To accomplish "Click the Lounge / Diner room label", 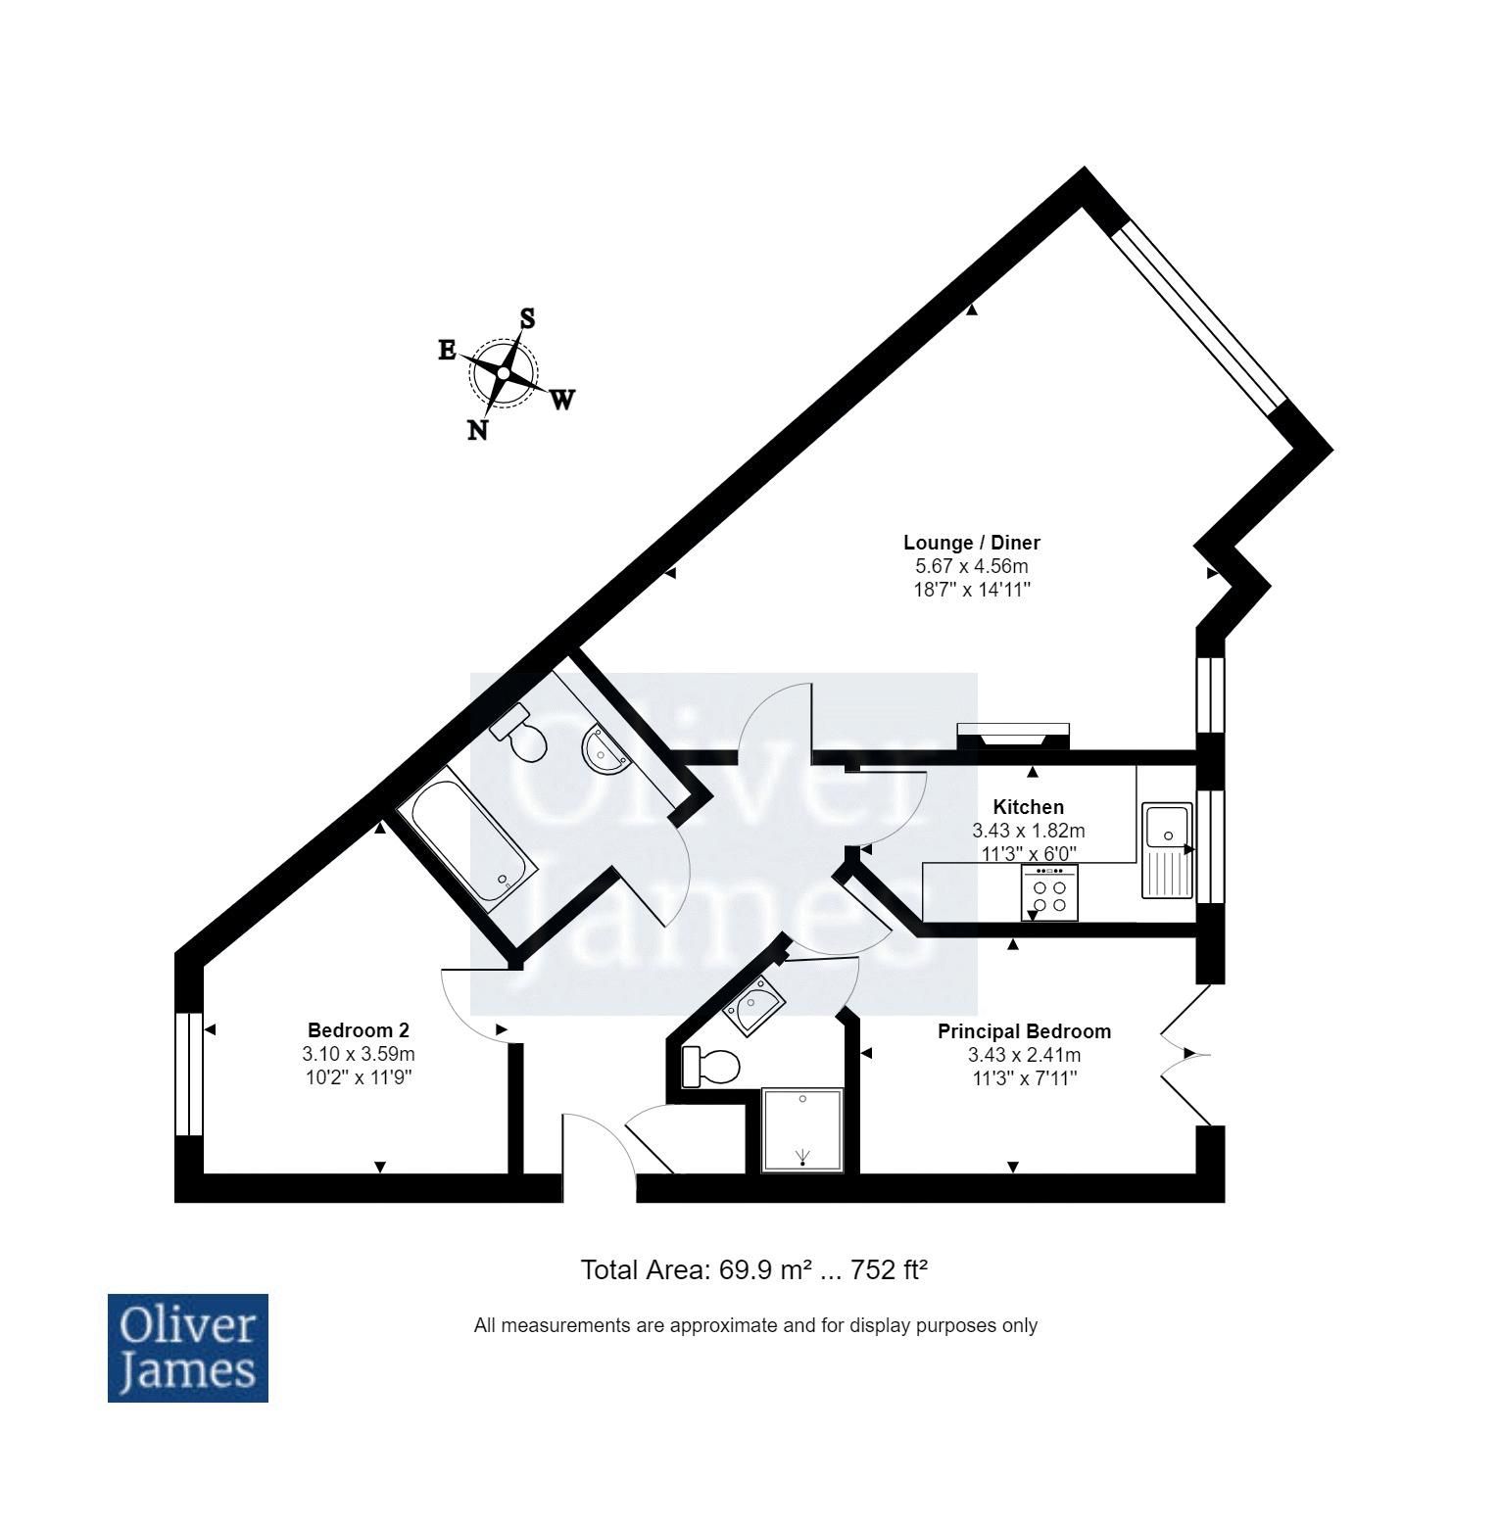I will pyautogui.click(x=971, y=543).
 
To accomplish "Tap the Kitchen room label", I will pyautogui.click(x=1028, y=807).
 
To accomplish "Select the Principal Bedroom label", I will pyautogui.click(x=1024, y=1031).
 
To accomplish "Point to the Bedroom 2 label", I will pyautogui.click(x=358, y=1030).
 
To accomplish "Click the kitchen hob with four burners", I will pyautogui.click(x=1049, y=893).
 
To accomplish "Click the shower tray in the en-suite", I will pyautogui.click(x=801, y=1129).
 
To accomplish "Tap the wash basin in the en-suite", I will pyautogui.click(x=754, y=1009).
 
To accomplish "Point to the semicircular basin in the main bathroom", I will pyautogui.click(x=605, y=750).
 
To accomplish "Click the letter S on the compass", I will pyautogui.click(x=527, y=318).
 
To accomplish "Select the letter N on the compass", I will pyautogui.click(x=477, y=430).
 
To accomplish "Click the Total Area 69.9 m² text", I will pyautogui.click(x=753, y=1270).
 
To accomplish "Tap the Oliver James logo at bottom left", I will pyautogui.click(x=187, y=1348).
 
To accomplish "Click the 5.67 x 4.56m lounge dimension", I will pyautogui.click(x=971, y=566).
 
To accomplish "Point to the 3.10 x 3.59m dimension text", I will pyautogui.click(x=358, y=1055).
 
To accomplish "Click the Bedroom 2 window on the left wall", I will pyautogui.click(x=188, y=1074).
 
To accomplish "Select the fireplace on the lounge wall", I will pyautogui.click(x=1013, y=735).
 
